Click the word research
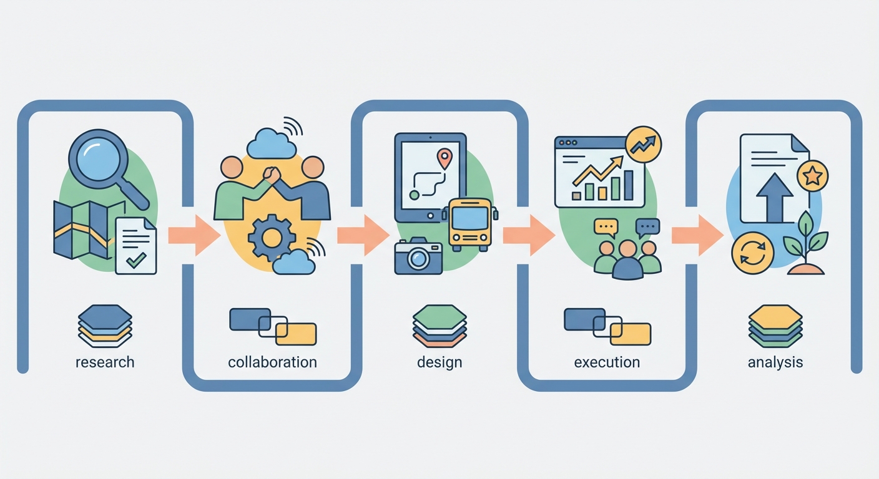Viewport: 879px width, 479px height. [x=105, y=362]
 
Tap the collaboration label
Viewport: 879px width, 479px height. [x=272, y=362]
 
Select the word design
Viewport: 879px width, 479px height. [x=439, y=362]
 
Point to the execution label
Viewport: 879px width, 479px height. [x=607, y=362]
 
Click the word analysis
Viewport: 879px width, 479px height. [x=775, y=362]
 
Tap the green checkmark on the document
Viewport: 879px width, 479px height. [x=136, y=259]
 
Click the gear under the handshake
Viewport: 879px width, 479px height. [x=272, y=238]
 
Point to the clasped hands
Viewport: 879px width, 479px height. [x=272, y=175]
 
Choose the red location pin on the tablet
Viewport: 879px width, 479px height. [x=444, y=158]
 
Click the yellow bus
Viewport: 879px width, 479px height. [x=469, y=224]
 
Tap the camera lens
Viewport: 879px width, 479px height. [x=418, y=259]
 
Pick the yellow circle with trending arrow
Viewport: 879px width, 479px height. [x=644, y=144]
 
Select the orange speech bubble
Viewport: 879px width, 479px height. [x=606, y=228]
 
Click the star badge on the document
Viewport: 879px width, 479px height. [x=812, y=176]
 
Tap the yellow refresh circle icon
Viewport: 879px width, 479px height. [x=752, y=253]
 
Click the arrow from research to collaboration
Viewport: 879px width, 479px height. [x=194, y=235]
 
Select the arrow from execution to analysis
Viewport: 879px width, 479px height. [x=697, y=235]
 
